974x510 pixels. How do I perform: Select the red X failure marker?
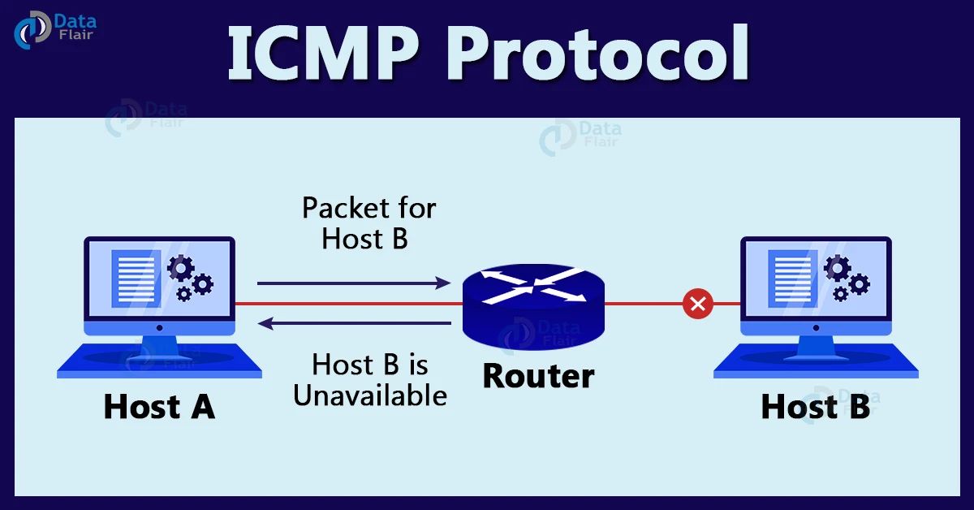(696, 305)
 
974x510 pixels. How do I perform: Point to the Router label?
(538, 376)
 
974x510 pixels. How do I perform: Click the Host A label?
(159, 406)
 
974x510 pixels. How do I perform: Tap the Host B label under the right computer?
(815, 406)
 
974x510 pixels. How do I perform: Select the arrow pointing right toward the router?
(353, 283)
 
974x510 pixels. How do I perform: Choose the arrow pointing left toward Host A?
(353, 324)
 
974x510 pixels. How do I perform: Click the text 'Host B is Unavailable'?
(369, 379)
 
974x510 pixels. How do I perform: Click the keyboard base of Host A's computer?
(159, 361)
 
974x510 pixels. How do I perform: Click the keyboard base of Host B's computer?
(816, 361)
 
